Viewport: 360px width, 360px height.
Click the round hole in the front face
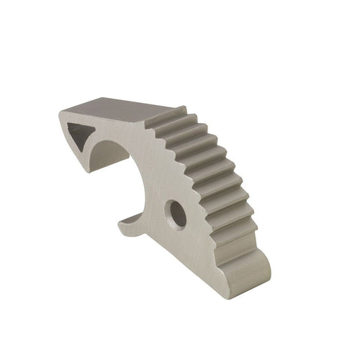tap(175, 214)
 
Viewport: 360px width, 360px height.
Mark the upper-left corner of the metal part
tap(60, 112)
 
